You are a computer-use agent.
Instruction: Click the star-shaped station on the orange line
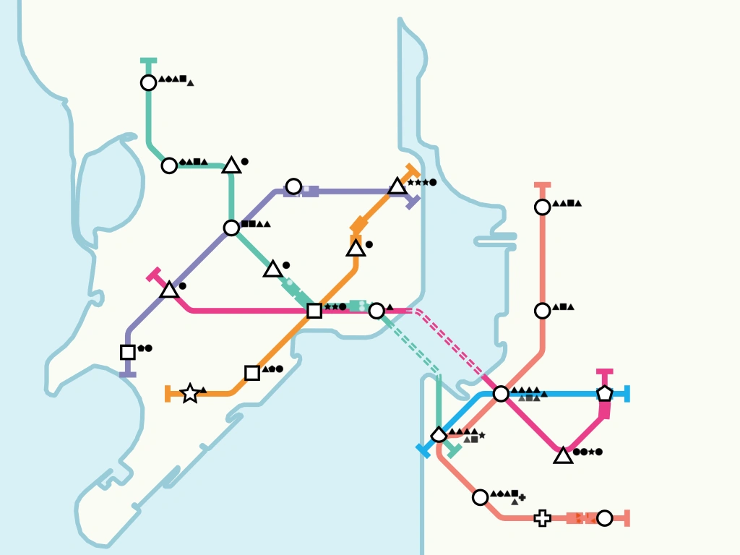190,393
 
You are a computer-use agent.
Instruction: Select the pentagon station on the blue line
605,394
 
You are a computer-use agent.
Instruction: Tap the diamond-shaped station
439,435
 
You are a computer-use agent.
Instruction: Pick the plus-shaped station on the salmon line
542,518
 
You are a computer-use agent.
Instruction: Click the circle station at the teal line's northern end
148,83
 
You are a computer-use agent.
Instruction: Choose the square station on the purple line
128,352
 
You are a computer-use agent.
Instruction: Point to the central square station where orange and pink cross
314,311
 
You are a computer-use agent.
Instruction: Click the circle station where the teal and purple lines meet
231,228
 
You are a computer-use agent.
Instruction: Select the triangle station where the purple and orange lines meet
397,186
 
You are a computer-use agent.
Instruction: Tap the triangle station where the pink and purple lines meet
169,291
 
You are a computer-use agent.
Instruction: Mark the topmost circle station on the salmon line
542,207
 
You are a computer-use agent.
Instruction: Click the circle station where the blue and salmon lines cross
501,394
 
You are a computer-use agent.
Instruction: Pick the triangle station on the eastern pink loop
563,455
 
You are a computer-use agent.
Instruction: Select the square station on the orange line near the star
252,373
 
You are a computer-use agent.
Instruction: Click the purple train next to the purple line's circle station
309,191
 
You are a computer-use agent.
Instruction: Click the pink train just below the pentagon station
605,410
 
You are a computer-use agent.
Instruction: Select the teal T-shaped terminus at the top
148,61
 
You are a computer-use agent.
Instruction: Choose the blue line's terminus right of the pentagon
627,394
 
